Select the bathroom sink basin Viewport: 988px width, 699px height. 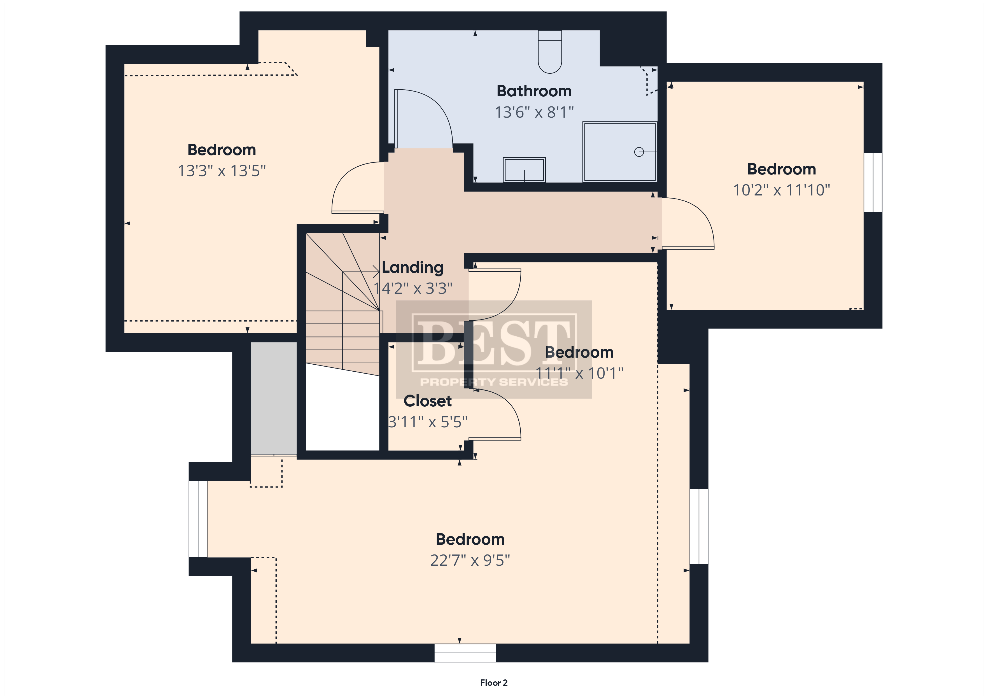[x=524, y=170]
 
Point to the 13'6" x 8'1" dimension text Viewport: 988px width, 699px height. [x=534, y=112]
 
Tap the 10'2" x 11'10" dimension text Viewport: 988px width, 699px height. [x=781, y=190]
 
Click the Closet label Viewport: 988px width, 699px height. [x=427, y=401]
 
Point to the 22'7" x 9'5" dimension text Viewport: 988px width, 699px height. [x=470, y=560]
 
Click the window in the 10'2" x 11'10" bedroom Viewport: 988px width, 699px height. [x=873, y=183]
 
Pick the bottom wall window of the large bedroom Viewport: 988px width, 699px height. [x=465, y=653]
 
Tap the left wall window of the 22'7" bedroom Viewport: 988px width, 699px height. [x=198, y=519]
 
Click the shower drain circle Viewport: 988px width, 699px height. [x=639, y=152]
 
